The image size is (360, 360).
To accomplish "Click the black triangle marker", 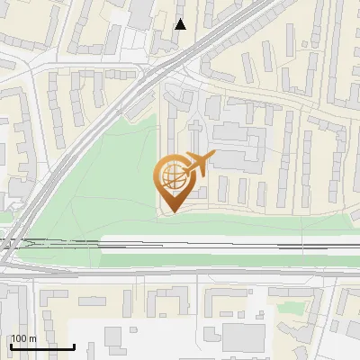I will [181, 24].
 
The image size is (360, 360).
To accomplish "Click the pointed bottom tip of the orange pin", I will [172, 210].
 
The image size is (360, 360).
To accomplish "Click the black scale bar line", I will [42, 346].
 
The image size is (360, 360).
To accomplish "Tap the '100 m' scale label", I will [23, 338].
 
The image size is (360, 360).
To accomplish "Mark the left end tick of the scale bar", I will [10, 345].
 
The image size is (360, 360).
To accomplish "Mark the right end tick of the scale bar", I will [75, 345].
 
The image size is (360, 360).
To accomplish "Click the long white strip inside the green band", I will [225, 243].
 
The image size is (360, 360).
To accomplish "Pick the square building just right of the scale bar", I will [112, 337].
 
